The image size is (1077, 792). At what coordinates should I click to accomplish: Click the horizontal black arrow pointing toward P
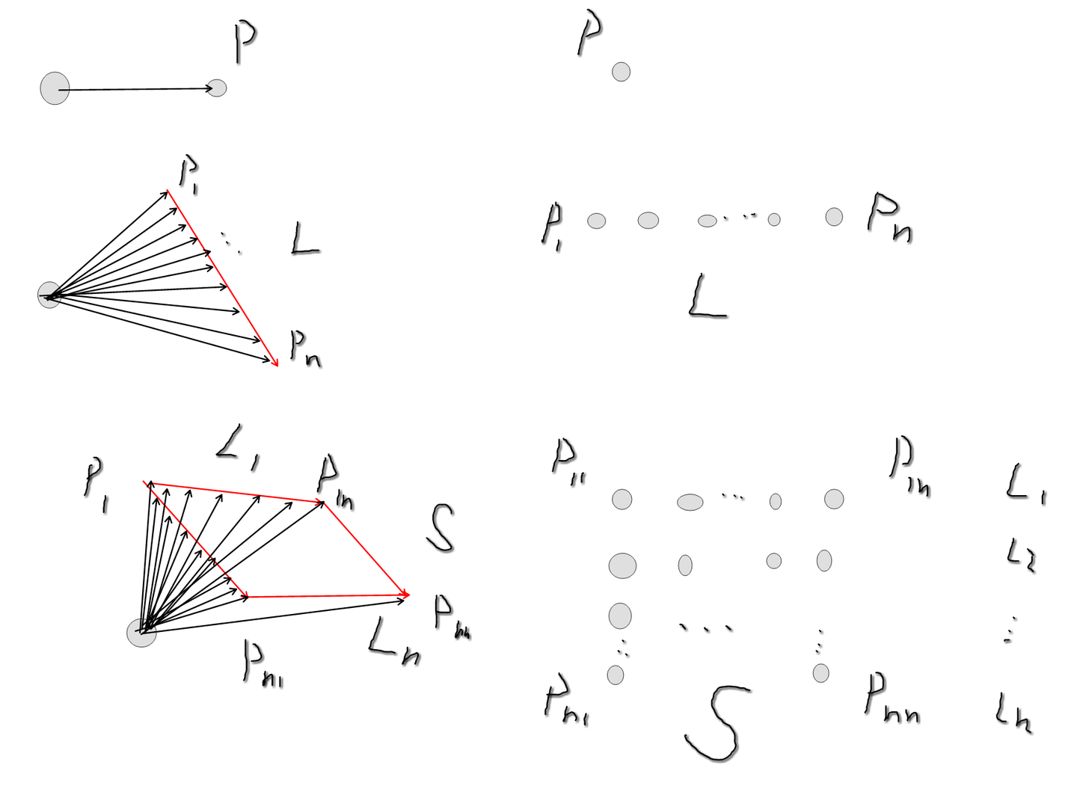pos(135,90)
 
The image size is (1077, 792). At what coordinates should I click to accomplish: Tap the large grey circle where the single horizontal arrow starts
pos(55,88)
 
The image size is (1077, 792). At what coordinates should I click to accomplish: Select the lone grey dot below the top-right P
pos(621,72)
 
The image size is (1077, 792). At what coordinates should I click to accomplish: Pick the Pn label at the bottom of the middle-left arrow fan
pos(304,350)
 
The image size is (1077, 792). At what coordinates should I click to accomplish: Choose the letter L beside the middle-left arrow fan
pos(304,241)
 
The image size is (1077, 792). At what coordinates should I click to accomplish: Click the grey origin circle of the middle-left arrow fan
pos(49,295)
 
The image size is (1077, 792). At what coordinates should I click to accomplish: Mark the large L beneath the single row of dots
pos(705,297)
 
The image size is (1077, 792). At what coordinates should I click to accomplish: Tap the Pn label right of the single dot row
pos(889,218)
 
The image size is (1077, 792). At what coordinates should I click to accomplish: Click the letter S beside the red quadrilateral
pos(441,528)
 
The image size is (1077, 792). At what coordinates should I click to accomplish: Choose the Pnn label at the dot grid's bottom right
pos(892,697)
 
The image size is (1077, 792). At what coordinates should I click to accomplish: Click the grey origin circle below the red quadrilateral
pos(141,633)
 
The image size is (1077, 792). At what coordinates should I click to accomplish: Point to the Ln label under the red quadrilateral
pos(393,641)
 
